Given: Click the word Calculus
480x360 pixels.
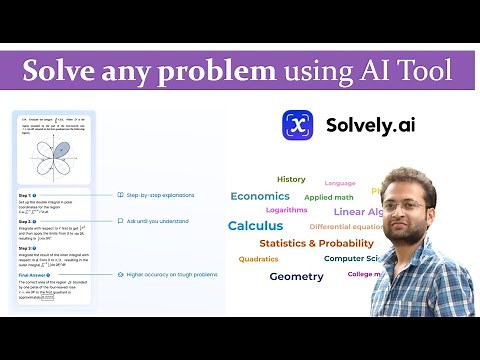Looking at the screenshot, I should point(255,226).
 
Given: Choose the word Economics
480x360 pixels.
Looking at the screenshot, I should point(260,196).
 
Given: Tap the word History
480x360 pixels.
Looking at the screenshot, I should point(291,180).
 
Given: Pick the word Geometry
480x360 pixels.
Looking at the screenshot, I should point(296,276).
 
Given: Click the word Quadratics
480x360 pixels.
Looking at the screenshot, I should point(258,259).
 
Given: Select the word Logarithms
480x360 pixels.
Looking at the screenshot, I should point(287,211).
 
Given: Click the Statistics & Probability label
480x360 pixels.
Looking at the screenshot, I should point(316,243).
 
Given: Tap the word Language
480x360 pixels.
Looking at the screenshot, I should point(340,183).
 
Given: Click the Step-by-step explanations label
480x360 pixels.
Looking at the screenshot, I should point(161,195).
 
